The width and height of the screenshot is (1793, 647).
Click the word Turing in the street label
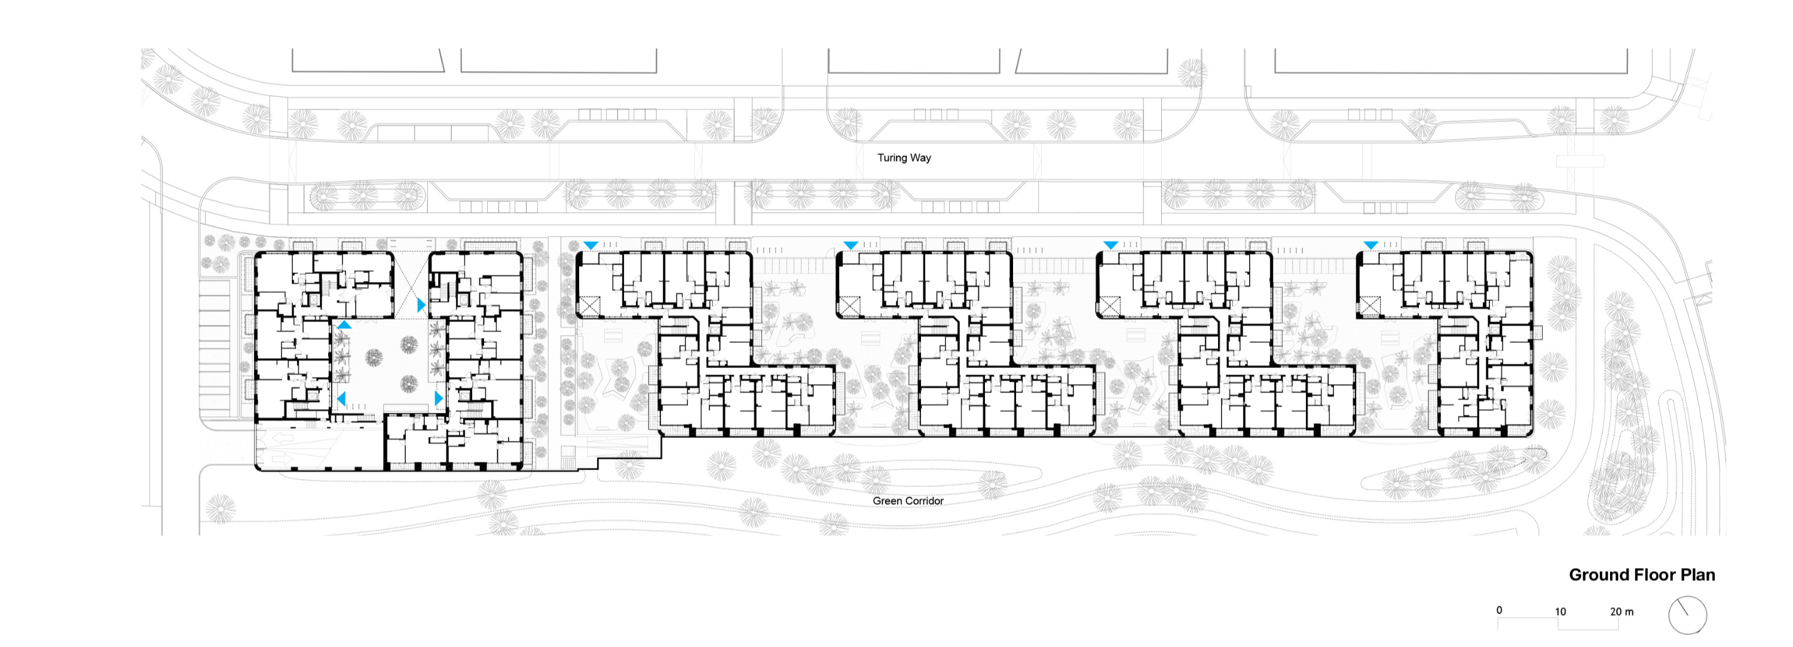pos(891,158)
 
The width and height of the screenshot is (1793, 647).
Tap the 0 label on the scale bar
pos(1500,610)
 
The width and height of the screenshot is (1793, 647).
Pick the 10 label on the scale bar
pos(1561,612)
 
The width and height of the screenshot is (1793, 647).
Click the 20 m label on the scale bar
pos(1622,612)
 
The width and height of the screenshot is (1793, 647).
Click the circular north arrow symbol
pos(1688,615)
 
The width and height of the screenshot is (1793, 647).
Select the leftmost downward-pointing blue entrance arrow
pos(590,246)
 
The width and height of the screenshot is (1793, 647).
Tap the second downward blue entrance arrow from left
pos(850,246)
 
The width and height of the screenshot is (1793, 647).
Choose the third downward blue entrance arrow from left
pos(1111,246)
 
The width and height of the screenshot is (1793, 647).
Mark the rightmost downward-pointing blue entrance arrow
pos(1370,246)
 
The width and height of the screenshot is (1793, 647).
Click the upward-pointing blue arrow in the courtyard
pos(344,325)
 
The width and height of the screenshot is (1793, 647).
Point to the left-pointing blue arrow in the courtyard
pos(342,398)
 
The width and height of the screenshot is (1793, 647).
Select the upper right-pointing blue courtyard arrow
pos(421,305)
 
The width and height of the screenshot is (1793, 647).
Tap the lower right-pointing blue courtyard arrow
pos(439,398)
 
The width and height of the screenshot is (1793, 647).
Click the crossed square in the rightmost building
pos(1370,305)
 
